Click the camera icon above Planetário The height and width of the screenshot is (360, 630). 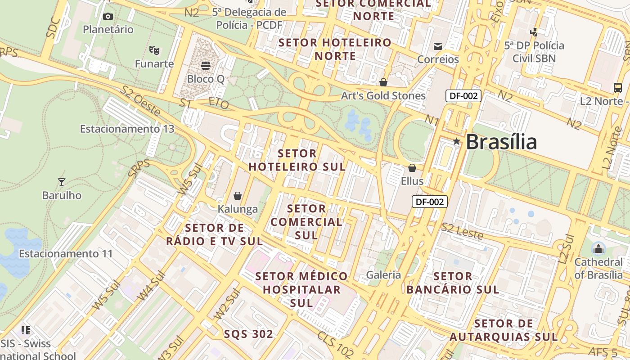108,17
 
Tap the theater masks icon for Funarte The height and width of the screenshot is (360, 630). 154,50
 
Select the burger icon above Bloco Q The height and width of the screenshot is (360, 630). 206,66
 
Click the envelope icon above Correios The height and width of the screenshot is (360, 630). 437,46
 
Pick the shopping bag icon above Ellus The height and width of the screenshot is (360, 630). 412,168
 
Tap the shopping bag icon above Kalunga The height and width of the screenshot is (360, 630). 237,196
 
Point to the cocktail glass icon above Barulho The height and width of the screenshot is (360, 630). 62,182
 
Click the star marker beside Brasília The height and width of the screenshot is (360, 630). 456,141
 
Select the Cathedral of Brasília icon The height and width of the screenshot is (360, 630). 598,248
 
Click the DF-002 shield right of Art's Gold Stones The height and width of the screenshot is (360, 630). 463,95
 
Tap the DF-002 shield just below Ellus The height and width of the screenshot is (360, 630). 430,202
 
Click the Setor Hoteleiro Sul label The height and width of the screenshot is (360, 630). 297,160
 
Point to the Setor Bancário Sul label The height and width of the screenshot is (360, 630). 453,283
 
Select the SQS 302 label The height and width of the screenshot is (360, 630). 248,334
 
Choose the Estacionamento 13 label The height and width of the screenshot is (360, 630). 127,129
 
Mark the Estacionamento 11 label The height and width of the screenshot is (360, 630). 66,254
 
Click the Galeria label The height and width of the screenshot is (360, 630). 383,275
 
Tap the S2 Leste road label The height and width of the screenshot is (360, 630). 462,231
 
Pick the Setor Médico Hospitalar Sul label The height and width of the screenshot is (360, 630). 301,289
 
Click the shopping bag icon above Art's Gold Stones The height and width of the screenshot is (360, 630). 383,82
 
